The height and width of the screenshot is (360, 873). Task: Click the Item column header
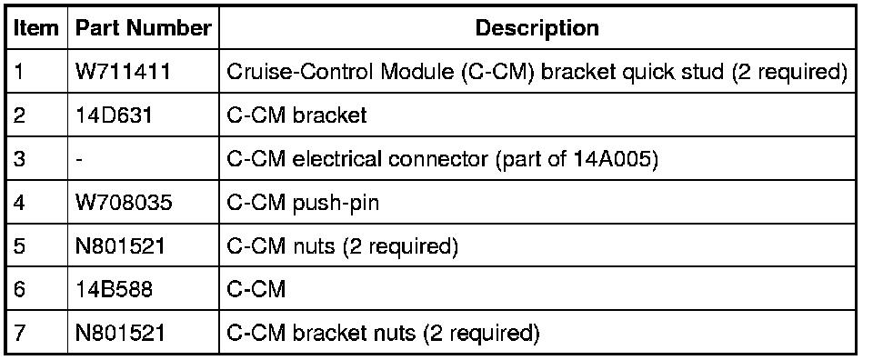tap(35, 28)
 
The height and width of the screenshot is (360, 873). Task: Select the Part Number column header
tap(143, 28)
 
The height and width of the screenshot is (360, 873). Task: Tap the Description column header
tap(537, 28)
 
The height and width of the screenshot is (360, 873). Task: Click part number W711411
tap(123, 72)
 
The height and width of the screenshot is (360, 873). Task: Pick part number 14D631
tap(114, 115)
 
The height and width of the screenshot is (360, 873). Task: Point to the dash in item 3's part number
tap(80, 160)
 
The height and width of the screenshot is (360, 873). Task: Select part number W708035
tap(124, 203)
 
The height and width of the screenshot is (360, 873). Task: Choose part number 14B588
tap(114, 289)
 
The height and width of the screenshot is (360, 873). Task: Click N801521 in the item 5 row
tap(120, 246)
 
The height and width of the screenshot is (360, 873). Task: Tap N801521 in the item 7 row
tap(120, 333)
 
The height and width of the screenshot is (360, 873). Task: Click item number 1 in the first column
tap(18, 72)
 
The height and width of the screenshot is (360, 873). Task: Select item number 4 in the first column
tap(19, 203)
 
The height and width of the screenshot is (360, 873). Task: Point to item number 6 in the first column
tap(19, 289)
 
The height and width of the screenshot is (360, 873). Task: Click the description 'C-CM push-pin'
tap(303, 203)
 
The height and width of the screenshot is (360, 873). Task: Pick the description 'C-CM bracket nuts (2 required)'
tap(383, 333)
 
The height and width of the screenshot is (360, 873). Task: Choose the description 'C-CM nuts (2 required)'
tap(343, 246)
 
